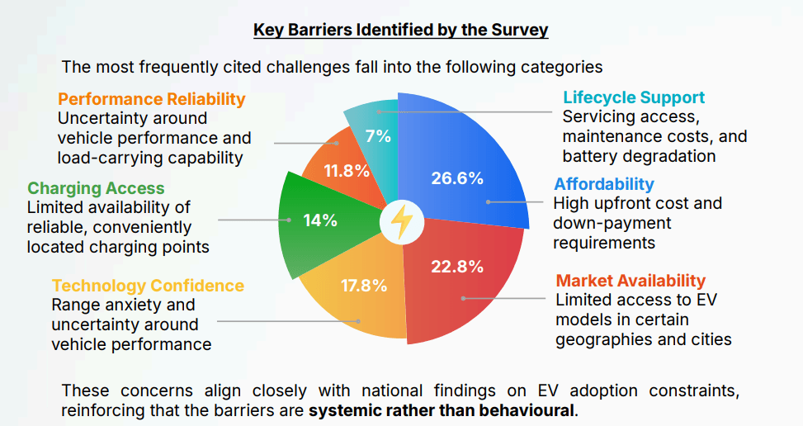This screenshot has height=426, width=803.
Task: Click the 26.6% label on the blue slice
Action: pos(456,177)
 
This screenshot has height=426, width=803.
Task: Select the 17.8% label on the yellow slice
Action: pos(364,286)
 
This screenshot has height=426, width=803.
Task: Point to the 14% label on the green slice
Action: pos(320,220)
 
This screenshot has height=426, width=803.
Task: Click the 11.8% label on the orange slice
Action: pos(346,171)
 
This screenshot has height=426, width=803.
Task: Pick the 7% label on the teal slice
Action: pos(378,136)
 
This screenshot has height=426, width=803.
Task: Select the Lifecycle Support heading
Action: pos(633,98)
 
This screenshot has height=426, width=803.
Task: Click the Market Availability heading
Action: pos(631,281)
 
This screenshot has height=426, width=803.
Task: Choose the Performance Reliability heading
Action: pos(152,99)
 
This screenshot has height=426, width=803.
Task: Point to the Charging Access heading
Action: pos(96,188)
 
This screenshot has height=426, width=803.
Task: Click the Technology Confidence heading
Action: pos(148,286)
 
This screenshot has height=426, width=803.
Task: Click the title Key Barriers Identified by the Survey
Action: pos(400,31)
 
